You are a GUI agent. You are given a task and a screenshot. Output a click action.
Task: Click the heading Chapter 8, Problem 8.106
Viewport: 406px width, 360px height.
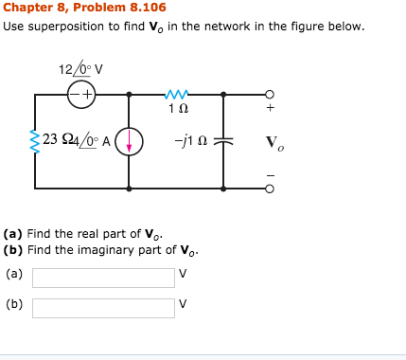71,9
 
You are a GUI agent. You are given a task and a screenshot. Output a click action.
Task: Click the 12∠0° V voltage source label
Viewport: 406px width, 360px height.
79,70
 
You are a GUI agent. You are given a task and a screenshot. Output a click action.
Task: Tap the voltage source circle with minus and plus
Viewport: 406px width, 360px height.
81,94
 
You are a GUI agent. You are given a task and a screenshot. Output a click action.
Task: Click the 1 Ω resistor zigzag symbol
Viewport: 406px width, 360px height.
175,93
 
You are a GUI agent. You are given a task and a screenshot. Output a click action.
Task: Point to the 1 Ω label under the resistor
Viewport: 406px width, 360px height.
175,109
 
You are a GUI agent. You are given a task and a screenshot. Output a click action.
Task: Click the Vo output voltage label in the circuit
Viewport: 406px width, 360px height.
272,144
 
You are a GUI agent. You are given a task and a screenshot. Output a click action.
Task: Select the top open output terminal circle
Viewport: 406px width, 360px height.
271,94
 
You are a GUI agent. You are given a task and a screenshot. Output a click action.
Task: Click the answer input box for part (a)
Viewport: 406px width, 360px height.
103,278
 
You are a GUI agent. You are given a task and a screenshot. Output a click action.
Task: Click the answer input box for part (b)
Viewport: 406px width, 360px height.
103,308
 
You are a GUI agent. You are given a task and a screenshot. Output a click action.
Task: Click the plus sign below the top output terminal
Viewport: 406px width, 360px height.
271,109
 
